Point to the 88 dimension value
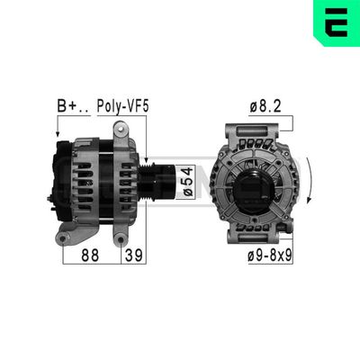[x=89, y=256]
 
